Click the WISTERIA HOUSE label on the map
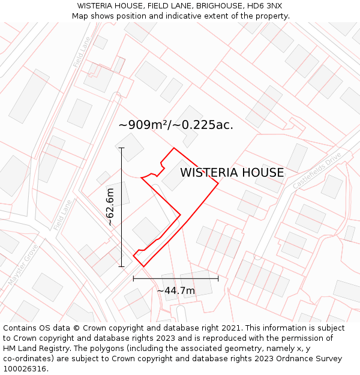[232, 173]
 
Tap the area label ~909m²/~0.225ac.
[176, 125]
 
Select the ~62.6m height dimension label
[110, 206]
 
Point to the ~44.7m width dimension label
[176, 291]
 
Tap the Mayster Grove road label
[23, 264]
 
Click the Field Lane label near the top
[81, 52]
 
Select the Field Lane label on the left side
[62, 215]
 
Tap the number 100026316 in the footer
[26, 368]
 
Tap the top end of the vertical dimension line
[121, 148]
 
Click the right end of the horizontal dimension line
[218, 278]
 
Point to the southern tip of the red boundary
[142, 266]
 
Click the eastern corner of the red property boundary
[218, 185]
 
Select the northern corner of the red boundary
[174, 148]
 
